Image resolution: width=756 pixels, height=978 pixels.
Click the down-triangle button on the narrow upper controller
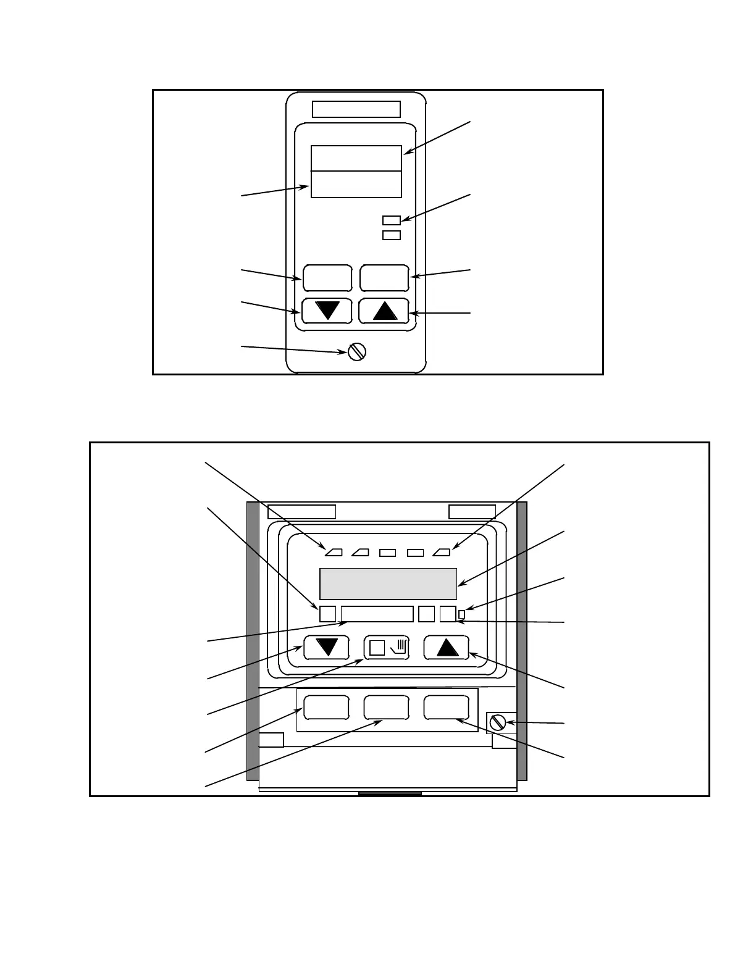[x=327, y=310]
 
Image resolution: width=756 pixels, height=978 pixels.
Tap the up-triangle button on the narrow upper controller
[x=384, y=310]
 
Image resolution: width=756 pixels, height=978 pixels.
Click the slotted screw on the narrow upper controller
[x=357, y=351]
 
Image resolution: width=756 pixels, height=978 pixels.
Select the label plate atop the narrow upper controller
[x=356, y=109]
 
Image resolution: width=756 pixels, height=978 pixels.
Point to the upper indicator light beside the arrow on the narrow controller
[x=392, y=220]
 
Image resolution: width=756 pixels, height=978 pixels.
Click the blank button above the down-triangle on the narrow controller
[x=327, y=278]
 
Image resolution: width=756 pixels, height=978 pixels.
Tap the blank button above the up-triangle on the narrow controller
[x=384, y=278]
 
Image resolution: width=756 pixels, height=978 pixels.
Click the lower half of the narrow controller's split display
[x=356, y=185]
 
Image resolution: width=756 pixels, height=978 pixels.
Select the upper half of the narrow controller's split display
[x=356, y=159]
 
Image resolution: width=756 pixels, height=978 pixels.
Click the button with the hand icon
[x=387, y=647]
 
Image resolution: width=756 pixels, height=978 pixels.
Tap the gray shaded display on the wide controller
[x=388, y=583]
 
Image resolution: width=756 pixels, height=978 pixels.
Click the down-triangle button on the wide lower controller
[x=327, y=647]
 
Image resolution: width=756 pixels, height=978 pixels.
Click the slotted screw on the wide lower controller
[x=498, y=722]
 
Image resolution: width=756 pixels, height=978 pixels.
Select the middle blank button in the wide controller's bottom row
[x=386, y=708]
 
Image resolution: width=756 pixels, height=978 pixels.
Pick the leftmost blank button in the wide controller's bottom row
[x=327, y=708]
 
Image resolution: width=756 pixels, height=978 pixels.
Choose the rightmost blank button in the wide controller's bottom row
[x=446, y=708]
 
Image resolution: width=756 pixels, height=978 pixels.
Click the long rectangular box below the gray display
[x=377, y=614]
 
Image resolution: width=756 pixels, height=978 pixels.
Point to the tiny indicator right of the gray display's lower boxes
[x=461, y=614]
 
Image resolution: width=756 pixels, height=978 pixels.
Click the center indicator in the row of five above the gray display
[x=387, y=553]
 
